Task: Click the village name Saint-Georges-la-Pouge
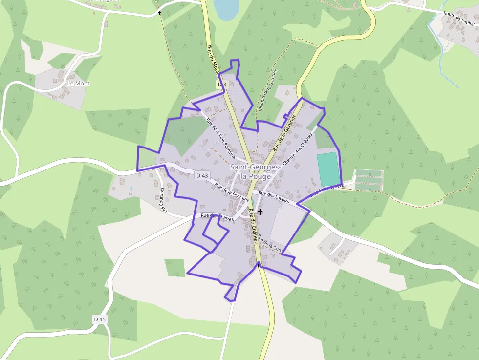click(255, 171)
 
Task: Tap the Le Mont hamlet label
click(78, 84)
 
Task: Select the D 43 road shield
click(202, 175)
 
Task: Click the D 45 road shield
click(99, 319)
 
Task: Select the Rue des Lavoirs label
click(274, 197)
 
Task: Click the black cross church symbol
click(260, 212)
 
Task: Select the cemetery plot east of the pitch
click(369, 180)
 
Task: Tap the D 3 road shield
click(222, 85)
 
